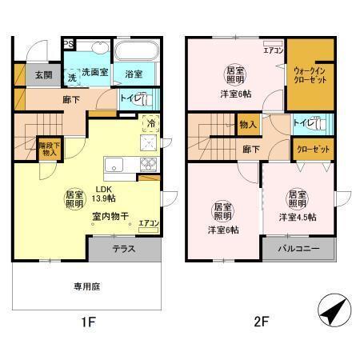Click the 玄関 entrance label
(x=42, y=75)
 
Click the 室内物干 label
(x=106, y=214)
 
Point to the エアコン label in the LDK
(x=148, y=225)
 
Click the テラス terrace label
(x=122, y=249)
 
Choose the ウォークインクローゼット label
(x=309, y=77)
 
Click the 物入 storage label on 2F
(x=247, y=125)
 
